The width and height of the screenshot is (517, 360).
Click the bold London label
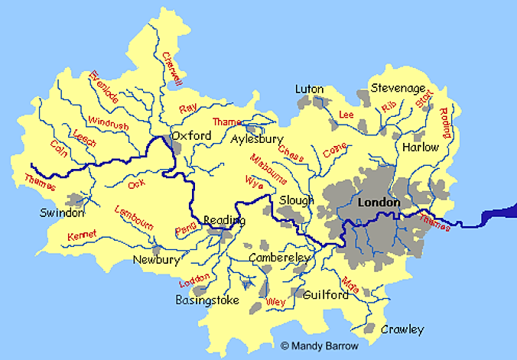point(379,203)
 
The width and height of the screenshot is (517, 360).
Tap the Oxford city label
point(191,135)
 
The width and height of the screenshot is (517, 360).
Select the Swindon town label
point(63,212)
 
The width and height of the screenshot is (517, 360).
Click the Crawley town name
point(402,329)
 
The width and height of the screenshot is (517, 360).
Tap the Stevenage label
point(398,88)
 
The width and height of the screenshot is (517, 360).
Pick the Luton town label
point(310,89)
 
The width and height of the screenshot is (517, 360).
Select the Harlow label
point(421,147)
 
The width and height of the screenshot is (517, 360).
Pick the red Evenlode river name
point(104,87)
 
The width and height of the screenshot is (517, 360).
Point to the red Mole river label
point(350,285)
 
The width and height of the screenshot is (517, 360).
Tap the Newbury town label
point(157,260)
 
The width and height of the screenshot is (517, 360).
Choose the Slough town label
point(297,200)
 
